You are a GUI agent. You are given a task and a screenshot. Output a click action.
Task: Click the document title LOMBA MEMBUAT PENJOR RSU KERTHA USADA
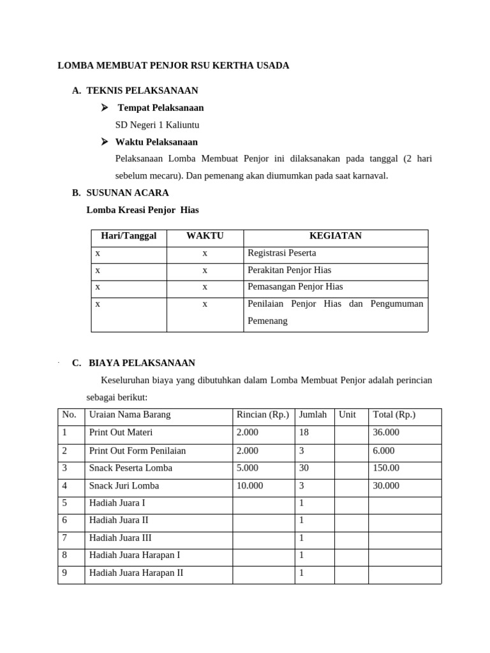(x=174, y=66)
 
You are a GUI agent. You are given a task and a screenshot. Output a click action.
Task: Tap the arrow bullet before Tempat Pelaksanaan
(x=105, y=108)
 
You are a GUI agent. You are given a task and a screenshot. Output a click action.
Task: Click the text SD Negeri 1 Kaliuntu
(x=152, y=125)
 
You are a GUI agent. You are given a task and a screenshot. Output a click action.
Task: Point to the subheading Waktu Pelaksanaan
(x=156, y=142)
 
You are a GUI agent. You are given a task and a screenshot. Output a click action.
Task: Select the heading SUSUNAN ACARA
(x=128, y=193)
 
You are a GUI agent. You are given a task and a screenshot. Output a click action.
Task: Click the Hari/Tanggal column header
(x=129, y=236)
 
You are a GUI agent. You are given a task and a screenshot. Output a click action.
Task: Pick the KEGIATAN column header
(x=336, y=236)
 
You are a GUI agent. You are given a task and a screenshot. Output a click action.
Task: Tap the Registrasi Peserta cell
(x=281, y=253)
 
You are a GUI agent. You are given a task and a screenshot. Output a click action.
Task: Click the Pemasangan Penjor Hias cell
(x=295, y=287)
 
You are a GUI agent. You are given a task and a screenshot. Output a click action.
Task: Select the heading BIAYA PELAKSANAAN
(x=142, y=363)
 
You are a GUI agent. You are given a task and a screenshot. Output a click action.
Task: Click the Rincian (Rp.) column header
(x=262, y=415)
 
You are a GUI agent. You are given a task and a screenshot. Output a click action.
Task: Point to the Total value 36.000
(x=386, y=432)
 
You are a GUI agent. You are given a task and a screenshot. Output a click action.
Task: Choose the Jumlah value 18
(x=304, y=432)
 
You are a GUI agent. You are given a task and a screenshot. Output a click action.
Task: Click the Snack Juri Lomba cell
(x=124, y=485)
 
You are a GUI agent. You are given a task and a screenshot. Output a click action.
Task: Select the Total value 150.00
(x=387, y=468)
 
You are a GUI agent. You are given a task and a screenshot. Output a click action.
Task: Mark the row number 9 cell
(x=64, y=573)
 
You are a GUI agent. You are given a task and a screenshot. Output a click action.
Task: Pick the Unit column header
(x=347, y=415)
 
